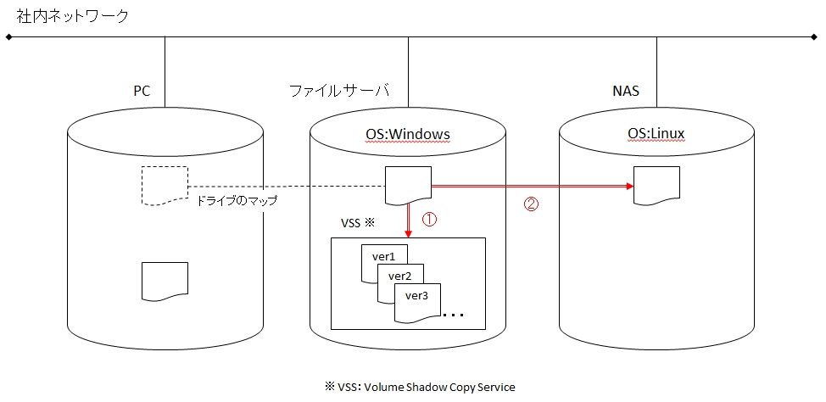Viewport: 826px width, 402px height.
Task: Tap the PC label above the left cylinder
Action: [142, 90]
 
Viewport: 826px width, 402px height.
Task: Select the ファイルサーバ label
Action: [337, 90]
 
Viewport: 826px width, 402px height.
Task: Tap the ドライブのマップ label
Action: [237, 202]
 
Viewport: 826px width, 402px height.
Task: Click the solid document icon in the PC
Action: [165, 281]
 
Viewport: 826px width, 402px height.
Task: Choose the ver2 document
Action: [400, 276]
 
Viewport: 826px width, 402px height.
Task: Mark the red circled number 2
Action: [532, 204]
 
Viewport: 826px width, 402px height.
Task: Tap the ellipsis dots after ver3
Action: [454, 315]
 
